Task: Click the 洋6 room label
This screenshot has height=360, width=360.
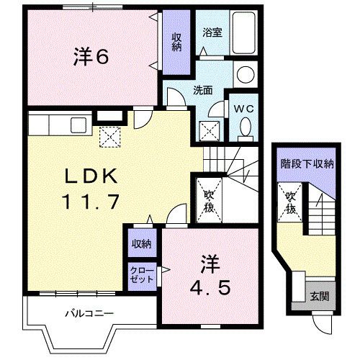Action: [91, 57]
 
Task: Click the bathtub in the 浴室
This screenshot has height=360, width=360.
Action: [243, 32]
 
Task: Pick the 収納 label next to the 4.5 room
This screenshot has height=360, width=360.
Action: [141, 244]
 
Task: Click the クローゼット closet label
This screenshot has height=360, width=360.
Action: [141, 274]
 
